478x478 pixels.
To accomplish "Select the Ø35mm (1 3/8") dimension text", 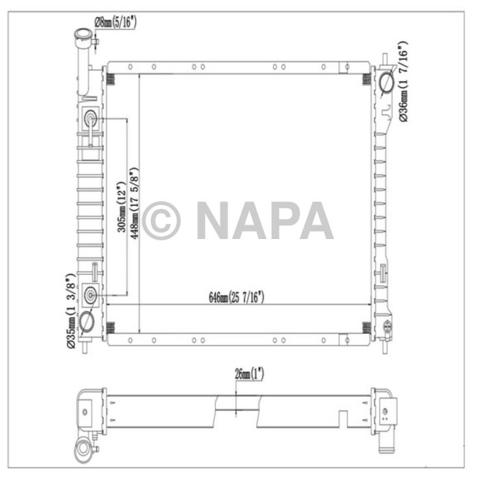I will [x=70, y=311].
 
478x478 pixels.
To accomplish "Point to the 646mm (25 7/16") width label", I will [x=236, y=296].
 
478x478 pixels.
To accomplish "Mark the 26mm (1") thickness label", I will [x=249, y=374].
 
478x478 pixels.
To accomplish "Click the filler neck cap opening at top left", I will [x=83, y=36].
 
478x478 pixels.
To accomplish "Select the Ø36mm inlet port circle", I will [x=385, y=84].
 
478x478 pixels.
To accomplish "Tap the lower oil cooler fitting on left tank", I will [x=91, y=296].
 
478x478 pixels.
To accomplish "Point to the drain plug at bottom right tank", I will [x=387, y=326].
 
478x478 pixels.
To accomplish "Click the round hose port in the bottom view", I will [x=86, y=449].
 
